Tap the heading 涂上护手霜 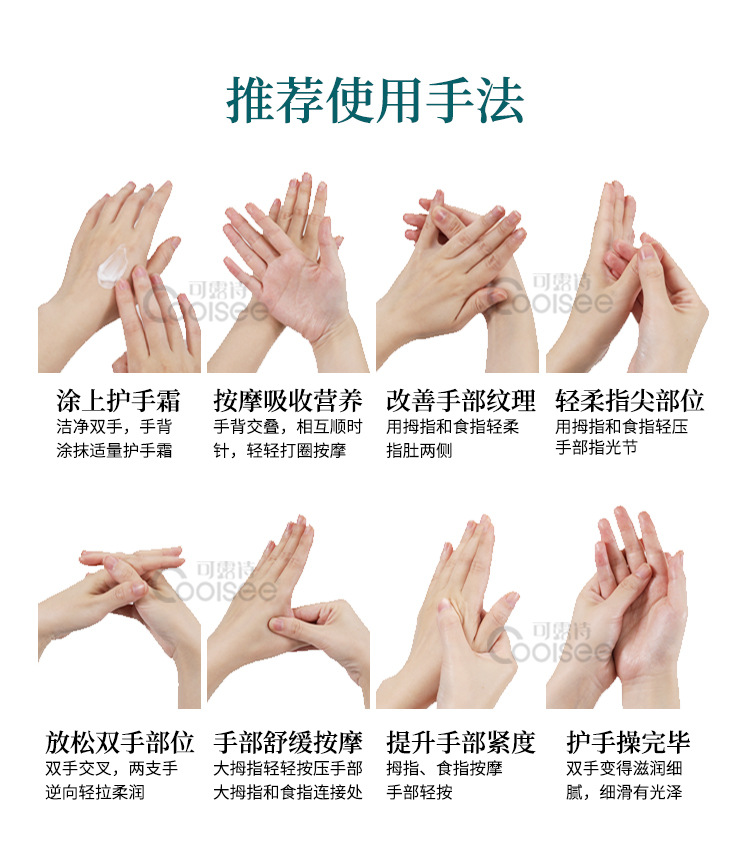pyautogui.click(x=118, y=401)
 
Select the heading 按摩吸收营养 pyautogui.click(x=287, y=401)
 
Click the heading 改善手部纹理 pyautogui.click(x=460, y=401)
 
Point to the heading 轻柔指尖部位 pyautogui.click(x=629, y=401)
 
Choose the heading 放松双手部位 pyautogui.click(x=119, y=742)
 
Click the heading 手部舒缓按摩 pyautogui.click(x=287, y=742)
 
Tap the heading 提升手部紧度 pyautogui.click(x=460, y=742)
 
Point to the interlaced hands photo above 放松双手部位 pyautogui.click(x=119, y=610)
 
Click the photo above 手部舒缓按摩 pyautogui.click(x=287, y=610)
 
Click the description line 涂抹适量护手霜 pyautogui.click(x=114, y=451)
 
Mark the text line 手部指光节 pyautogui.click(x=596, y=448)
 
